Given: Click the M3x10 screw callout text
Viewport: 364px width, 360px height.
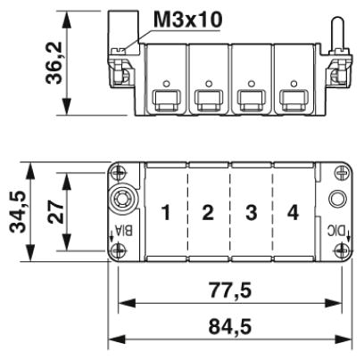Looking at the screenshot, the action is [x=187, y=19].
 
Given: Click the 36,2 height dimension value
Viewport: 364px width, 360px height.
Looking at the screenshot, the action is [x=54, y=62].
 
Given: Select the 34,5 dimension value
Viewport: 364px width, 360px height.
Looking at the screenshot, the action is [x=18, y=211].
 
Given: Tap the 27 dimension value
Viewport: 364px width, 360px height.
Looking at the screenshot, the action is [x=56, y=212].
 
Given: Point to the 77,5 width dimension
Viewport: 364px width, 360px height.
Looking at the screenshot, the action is [x=230, y=290].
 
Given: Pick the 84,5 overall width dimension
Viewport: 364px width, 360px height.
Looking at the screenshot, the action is [x=230, y=326].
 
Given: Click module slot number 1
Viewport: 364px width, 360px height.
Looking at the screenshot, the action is [x=166, y=213].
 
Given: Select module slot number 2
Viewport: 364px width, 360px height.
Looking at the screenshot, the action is [x=208, y=213].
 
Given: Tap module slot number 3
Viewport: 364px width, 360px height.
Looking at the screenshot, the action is [x=252, y=213].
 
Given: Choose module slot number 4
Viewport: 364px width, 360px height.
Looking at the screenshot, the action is [x=294, y=213].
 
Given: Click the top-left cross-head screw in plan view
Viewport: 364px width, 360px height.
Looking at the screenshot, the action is [x=120, y=172].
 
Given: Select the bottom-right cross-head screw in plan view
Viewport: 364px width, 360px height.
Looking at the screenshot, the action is [x=342, y=250].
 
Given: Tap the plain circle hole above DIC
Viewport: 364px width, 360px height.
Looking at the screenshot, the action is [x=337, y=198].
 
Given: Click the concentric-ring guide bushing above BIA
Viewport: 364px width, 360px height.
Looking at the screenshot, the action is [x=120, y=198].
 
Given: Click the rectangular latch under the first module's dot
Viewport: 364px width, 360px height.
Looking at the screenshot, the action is [x=167, y=99].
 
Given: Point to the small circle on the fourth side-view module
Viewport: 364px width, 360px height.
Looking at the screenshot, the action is [x=294, y=84].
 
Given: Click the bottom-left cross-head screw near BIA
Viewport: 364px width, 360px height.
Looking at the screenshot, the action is [x=120, y=250].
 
